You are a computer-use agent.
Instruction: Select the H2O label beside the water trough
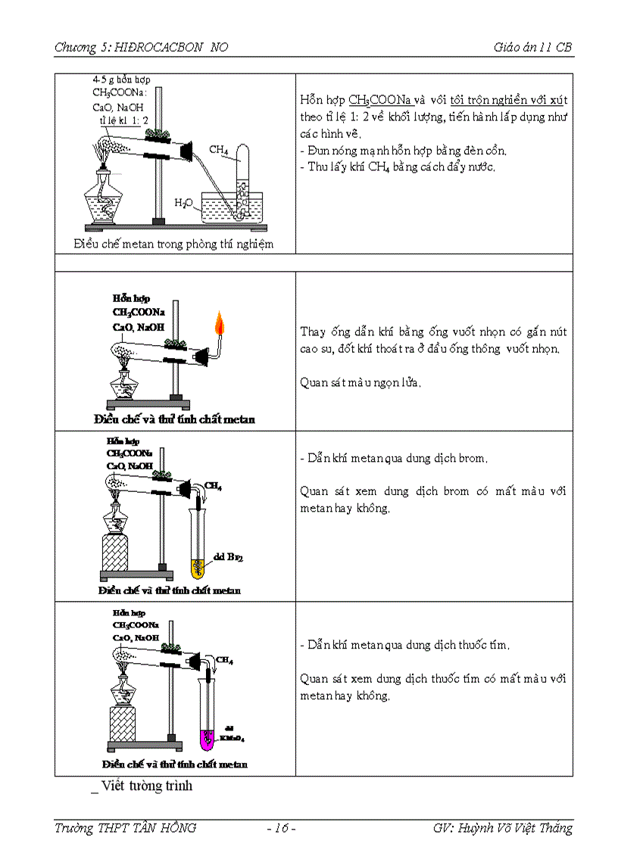(183, 203)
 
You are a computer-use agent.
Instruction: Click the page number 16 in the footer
(281, 828)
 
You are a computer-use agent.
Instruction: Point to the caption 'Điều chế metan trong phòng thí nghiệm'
(173, 244)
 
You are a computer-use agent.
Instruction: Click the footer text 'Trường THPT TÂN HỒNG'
(125, 828)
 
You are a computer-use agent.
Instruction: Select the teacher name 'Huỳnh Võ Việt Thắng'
(524, 828)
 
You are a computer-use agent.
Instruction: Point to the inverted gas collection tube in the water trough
(243, 182)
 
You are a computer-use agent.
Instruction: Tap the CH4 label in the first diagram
(219, 150)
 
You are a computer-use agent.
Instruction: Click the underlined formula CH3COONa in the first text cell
(380, 100)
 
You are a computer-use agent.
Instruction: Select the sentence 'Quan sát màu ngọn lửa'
(360, 382)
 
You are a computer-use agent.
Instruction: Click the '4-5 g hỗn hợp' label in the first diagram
(126, 79)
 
